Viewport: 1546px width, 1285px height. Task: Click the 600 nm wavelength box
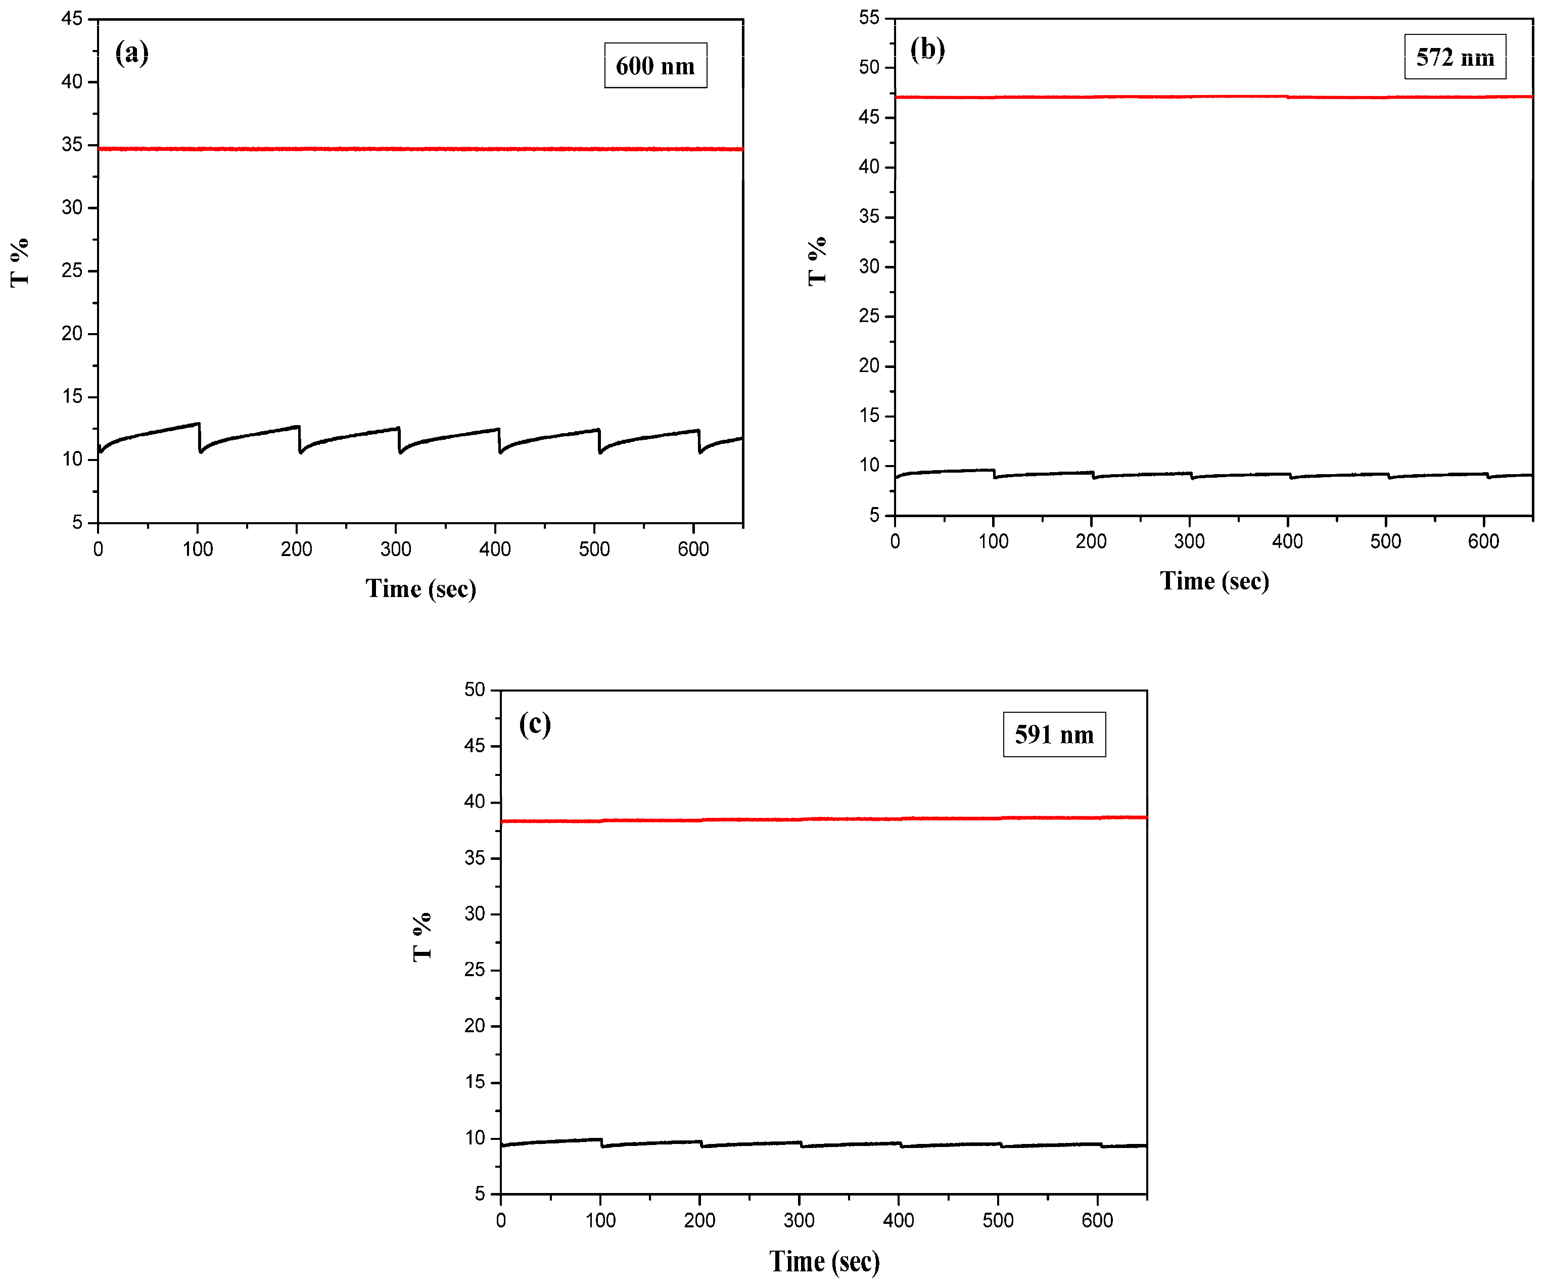(655, 66)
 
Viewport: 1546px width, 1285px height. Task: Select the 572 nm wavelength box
(1455, 57)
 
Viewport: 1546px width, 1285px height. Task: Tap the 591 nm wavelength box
(1054, 734)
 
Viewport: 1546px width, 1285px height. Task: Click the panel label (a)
(132, 53)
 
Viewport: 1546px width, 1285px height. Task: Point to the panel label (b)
(927, 50)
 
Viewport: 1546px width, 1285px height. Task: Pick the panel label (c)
(535, 724)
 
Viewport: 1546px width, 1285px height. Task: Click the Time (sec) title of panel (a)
(420, 588)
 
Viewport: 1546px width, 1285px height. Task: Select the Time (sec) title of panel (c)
(824, 1261)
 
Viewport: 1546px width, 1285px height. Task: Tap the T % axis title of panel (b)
(817, 261)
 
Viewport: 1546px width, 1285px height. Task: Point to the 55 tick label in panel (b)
(869, 18)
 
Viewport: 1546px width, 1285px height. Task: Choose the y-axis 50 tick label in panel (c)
(475, 690)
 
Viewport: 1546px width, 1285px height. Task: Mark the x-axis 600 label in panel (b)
(1483, 542)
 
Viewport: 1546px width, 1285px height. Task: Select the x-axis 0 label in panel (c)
(501, 1221)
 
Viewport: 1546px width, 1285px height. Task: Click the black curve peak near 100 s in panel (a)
(197, 424)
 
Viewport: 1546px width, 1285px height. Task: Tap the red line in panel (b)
(1215, 97)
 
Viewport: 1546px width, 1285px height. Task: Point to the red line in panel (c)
(824, 819)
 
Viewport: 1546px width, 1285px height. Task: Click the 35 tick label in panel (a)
(72, 145)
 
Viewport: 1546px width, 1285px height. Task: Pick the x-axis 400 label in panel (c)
(898, 1221)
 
